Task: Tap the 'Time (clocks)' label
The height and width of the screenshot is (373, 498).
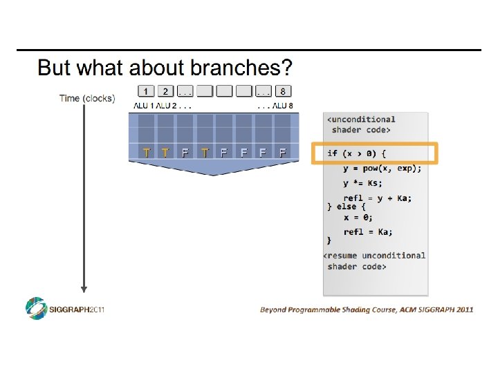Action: [86, 98]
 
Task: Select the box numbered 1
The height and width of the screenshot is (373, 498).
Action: [146, 91]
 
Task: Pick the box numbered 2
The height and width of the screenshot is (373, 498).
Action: [165, 91]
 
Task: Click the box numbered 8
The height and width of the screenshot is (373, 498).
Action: [284, 91]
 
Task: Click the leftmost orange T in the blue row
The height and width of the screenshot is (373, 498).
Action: [146, 152]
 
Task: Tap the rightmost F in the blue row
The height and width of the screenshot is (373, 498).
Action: [282, 152]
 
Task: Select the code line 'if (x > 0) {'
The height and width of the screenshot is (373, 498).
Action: [358, 153]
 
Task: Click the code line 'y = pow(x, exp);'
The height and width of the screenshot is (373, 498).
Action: [382, 169]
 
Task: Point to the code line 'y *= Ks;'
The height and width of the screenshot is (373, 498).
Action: [362, 183]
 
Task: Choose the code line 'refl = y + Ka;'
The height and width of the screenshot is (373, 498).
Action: [377, 198]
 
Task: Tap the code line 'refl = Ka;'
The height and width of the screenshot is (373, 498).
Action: [368, 231]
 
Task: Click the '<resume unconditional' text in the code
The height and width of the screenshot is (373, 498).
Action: [375, 255]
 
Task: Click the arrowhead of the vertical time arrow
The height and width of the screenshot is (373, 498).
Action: [84, 288]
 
